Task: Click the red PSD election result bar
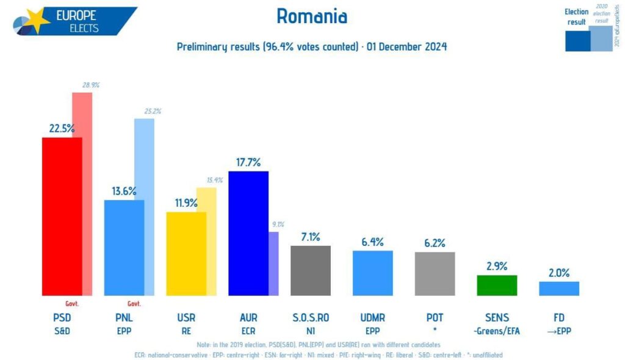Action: [x=62, y=217]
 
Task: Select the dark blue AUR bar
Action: [x=248, y=233]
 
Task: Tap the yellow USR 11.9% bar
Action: [x=186, y=253]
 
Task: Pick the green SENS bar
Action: [x=497, y=285]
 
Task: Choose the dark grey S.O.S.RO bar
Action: [x=310, y=270]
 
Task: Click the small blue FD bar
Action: [x=559, y=288]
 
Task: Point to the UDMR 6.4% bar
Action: [x=372, y=273]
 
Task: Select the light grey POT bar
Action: [x=435, y=273]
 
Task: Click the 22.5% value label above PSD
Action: [x=62, y=128]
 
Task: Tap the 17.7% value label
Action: [x=248, y=162]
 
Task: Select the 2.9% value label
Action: [x=497, y=266]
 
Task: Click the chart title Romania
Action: [x=312, y=16]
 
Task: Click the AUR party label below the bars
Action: [x=248, y=318]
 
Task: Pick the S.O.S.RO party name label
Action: [x=311, y=318]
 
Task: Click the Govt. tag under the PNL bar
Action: [x=134, y=304]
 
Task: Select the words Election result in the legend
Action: [x=576, y=16]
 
